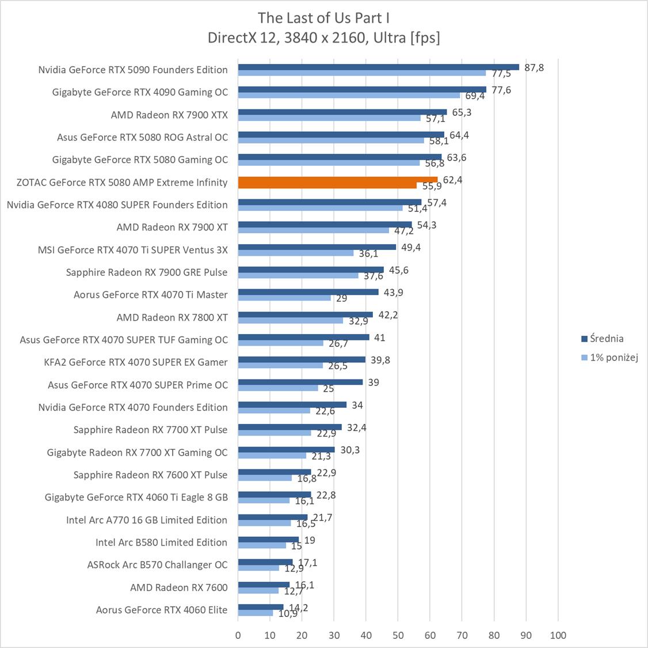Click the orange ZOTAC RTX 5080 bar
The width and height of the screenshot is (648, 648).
[x=337, y=180]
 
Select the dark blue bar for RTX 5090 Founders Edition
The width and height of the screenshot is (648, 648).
[x=378, y=67]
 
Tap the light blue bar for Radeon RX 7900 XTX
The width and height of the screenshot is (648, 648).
[x=329, y=118]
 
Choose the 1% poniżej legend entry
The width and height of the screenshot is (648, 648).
[x=613, y=358]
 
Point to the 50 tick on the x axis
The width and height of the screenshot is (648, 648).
[x=398, y=635]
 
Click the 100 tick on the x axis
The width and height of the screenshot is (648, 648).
[x=558, y=635]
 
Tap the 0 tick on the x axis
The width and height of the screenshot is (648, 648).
[x=238, y=635]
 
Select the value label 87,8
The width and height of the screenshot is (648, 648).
[x=533, y=67]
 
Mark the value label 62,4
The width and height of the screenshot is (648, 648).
[x=452, y=180]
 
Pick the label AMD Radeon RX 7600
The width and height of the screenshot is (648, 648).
[x=178, y=588]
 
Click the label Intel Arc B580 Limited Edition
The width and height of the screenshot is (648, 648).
[x=161, y=543]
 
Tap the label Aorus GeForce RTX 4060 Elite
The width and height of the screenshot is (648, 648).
[x=162, y=610]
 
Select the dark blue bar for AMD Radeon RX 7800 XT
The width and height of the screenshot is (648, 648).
[x=305, y=314]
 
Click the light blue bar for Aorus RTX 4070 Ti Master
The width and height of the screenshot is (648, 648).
[x=284, y=298]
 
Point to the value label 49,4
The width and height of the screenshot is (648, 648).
[x=410, y=248]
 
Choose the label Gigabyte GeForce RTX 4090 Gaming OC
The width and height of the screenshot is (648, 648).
[x=140, y=92]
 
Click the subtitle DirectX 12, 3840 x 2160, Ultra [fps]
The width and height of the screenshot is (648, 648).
[x=323, y=38]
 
